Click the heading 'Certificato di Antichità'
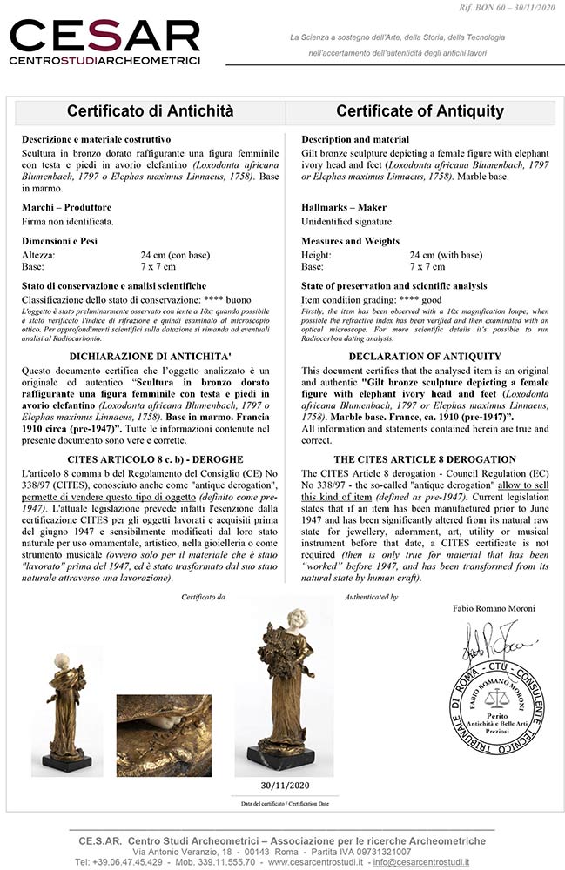pyautogui.click(x=150, y=111)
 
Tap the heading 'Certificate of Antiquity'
pyautogui.click(x=420, y=111)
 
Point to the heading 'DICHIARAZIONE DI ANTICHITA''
pyautogui.click(x=150, y=356)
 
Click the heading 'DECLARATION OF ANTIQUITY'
pyautogui.click(x=424, y=356)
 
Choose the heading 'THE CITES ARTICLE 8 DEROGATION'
pyautogui.click(x=424, y=459)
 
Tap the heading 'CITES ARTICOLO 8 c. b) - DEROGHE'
pyautogui.click(x=150, y=458)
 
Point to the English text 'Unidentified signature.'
pyautogui.click(x=347, y=221)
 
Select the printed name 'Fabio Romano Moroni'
pyautogui.click(x=493, y=606)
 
